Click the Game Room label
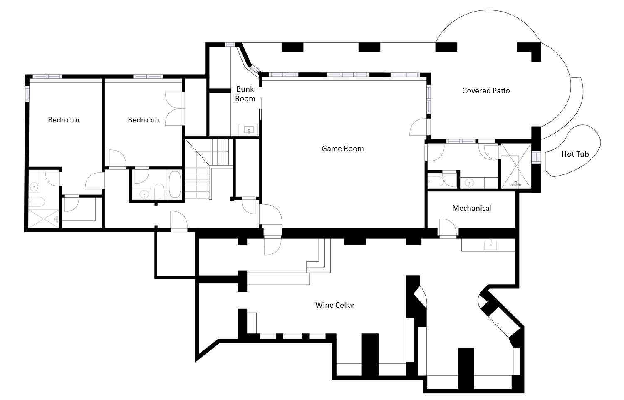[342, 149]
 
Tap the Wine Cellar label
[335, 305]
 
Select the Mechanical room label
[471, 208]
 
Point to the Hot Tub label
[575, 154]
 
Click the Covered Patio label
[486, 91]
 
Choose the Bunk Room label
[245, 94]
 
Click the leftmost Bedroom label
[63, 120]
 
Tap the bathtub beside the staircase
[175, 184]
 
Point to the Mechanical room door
[448, 228]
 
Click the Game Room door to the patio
[419, 127]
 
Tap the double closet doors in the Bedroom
[175, 108]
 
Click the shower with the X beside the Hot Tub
[516, 166]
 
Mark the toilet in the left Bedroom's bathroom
[37, 203]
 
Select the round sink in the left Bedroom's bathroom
[34, 186]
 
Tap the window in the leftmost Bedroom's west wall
[27, 94]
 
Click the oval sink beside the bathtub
[145, 194]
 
